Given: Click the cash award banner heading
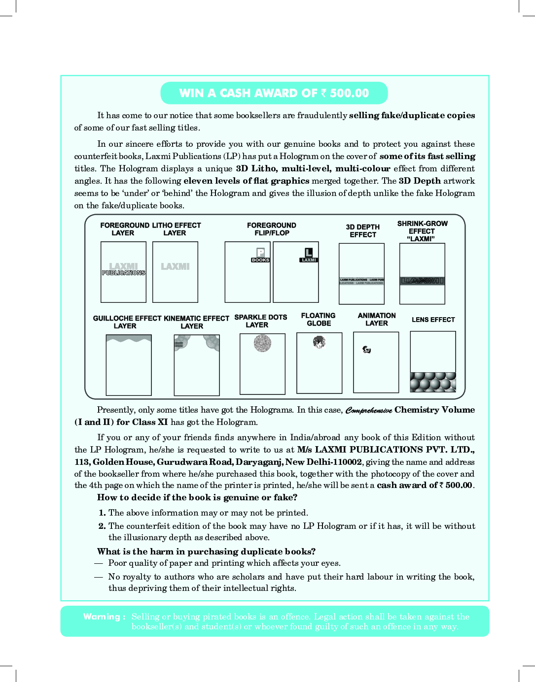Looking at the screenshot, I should pyautogui.click(x=274, y=93).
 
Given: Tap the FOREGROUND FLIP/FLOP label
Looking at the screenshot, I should pyautogui.click(x=272, y=229).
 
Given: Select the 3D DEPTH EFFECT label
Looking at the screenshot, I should pyautogui.click(x=362, y=231).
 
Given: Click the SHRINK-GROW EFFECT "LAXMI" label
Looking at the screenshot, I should pyautogui.click(x=422, y=231).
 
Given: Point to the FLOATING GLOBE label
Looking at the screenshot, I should pyautogui.click(x=319, y=320).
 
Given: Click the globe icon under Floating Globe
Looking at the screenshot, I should pyautogui.click(x=319, y=341).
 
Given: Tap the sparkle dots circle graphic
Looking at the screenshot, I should pyautogui.click(x=262, y=343).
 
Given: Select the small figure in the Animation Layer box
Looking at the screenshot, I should pyautogui.click(x=366, y=350).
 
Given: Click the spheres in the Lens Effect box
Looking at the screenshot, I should pyautogui.click(x=433, y=382).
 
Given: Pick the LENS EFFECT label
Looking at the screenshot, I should pyautogui.click(x=433, y=320).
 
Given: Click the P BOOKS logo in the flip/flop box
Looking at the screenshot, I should pyautogui.click(x=260, y=255).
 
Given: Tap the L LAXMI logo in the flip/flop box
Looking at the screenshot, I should pyautogui.click(x=309, y=255).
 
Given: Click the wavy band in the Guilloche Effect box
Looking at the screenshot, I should pyautogui.click(x=129, y=338).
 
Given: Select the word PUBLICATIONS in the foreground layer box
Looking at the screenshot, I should pyautogui.click(x=124, y=273).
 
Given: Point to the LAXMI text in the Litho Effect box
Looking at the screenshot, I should pyautogui.click(x=175, y=266).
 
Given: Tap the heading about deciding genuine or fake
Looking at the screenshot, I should pyautogui.click(x=197, y=497).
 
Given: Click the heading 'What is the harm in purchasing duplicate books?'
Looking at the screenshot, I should pyautogui.click(x=206, y=552).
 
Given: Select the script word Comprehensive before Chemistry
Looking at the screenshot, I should pyautogui.click(x=369, y=411).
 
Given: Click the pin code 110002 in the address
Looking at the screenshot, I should pyautogui.click(x=347, y=462).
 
